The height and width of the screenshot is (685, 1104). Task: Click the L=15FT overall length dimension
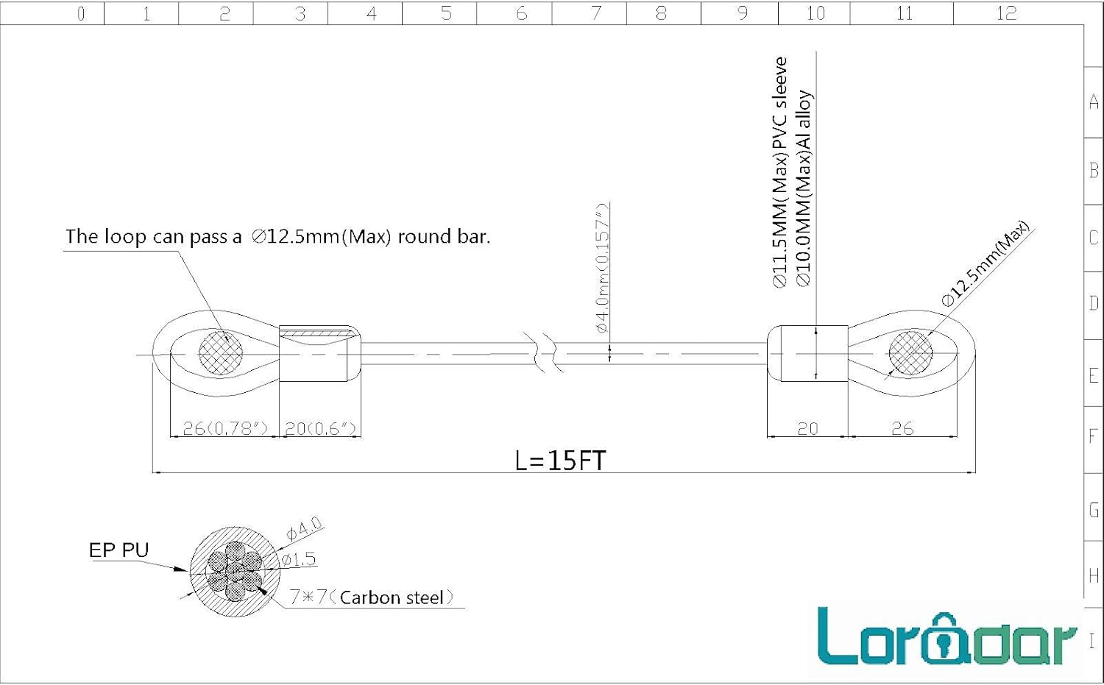560,461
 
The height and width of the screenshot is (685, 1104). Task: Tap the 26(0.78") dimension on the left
225,428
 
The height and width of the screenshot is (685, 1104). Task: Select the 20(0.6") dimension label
320,428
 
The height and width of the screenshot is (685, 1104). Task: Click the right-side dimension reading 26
902,428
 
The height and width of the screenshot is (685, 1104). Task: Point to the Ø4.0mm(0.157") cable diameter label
603,268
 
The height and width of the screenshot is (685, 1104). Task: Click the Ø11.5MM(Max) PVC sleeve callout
779,172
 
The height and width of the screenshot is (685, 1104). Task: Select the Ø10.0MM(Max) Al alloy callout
804,188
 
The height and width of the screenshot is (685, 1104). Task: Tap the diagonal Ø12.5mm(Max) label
986,263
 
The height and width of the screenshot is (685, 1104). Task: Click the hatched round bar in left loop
221,353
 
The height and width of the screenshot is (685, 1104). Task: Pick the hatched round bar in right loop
911,353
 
